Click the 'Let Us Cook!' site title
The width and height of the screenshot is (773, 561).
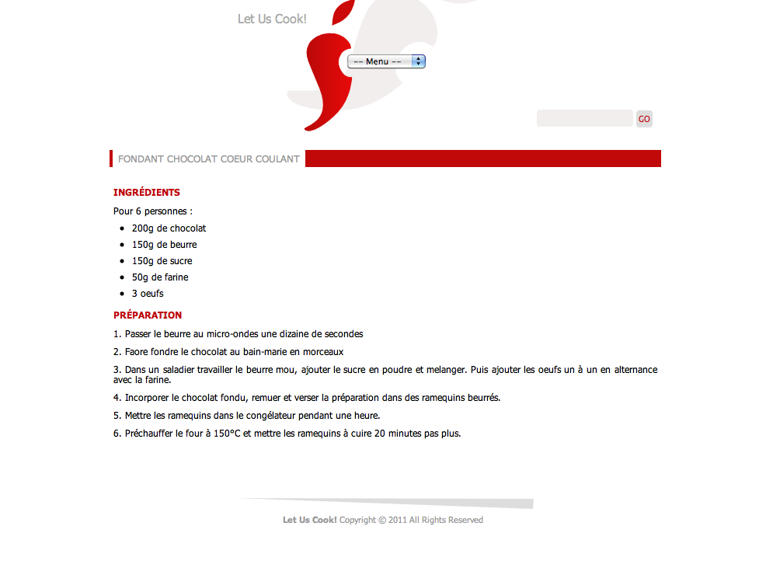click(x=272, y=19)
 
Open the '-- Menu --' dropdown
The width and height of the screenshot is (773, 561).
click(x=386, y=61)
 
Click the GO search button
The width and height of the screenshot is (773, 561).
click(x=644, y=119)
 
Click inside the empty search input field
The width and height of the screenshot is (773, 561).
click(x=584, y=119)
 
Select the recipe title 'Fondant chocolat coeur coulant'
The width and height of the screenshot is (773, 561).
click(x=208, y=159)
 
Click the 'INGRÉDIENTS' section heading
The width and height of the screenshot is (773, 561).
click(x=147, y=193)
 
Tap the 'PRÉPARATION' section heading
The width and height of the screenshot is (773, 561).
click(x=148, y=315)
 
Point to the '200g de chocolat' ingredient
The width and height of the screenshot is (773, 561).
click(x=169, y=228)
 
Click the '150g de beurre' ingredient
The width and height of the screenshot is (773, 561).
click(x=164, y=245)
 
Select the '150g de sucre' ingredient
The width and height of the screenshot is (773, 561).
click(x=162, y=261)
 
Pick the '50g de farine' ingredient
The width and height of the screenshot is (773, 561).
click(x=160, y=277)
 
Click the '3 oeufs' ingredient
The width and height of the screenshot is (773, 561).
click(x=148, y=294)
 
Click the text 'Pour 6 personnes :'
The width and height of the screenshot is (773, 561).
click(x=153, y=211)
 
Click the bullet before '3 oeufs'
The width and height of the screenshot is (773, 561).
click(x=123, y=294)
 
